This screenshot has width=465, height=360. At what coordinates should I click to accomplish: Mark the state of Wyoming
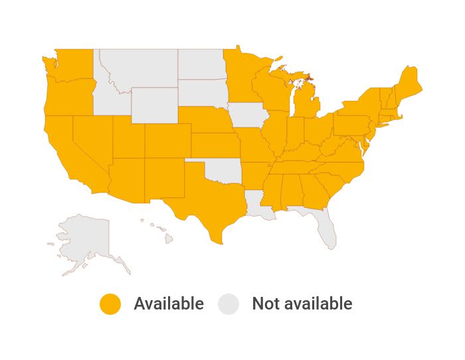pyautogui.click(x=154, y=105)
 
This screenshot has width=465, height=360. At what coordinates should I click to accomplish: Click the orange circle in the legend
pyautogui.click(x=110, y=304)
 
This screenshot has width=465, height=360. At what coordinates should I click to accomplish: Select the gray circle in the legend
pyautogui.click(x=229, y=304)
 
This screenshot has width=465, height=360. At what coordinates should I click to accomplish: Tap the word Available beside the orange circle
pyautogui.click(x=169, y=304)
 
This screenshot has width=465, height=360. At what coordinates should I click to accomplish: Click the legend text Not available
pyautogui.click(x=302, y=304)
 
